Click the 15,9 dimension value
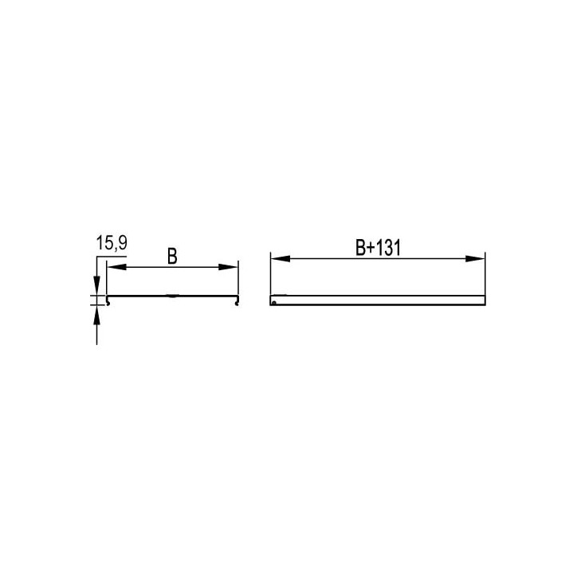[112, 243]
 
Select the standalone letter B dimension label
[172, 256]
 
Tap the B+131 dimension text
[378, 248]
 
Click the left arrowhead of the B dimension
[116, 267]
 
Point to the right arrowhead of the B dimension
[228, 267]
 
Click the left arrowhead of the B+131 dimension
[281, 259]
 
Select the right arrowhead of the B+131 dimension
[475, 259]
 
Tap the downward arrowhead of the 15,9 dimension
[96, 285]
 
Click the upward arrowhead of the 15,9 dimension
[96, 314]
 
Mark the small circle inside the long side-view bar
[273, 303]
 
